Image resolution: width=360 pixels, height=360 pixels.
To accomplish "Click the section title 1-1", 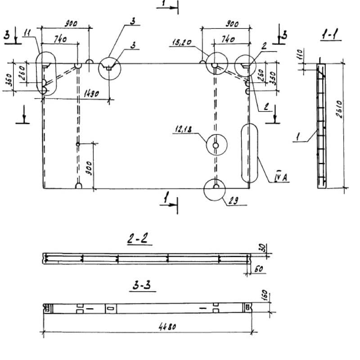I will point(330,35).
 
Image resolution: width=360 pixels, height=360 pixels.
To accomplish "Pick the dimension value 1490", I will point(93,94).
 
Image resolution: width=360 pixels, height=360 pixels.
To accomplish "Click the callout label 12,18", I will point(181,130).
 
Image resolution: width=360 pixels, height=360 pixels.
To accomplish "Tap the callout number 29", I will point(233,201).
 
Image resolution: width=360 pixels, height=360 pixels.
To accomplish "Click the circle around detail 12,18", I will point(216,145).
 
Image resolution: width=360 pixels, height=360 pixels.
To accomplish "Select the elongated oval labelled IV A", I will point(249,153).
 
